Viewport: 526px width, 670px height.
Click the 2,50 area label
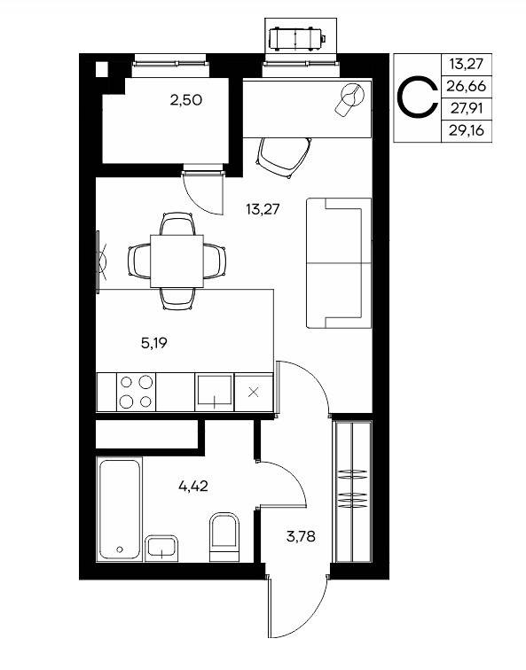(186, 100)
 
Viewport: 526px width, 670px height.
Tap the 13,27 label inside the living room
(263, 209)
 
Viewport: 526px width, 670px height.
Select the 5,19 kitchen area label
(154, 343)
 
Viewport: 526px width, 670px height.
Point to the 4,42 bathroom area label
(192, 487)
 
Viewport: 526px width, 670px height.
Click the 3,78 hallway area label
(301, 536)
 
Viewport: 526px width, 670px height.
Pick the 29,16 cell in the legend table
(467, 131)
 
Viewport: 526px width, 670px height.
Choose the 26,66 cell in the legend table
(467, 86)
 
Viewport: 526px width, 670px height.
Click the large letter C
(417, 97)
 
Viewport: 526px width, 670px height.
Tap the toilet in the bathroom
(224, 537)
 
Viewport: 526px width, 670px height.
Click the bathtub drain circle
(120, 549)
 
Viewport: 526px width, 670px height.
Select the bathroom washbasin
(161, 549)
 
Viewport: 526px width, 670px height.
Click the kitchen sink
(215, 392)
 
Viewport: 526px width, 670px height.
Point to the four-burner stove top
(136, 392)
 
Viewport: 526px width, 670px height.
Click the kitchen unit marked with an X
(254, 393)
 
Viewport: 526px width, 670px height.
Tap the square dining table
(177, 261)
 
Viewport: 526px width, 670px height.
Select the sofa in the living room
(339, 263)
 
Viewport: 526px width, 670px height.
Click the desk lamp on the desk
(349, 98)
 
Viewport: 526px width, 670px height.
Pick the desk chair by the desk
(284, 157)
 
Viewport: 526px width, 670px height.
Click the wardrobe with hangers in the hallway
(352, 491)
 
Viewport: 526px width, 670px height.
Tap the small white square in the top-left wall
(102, 69)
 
